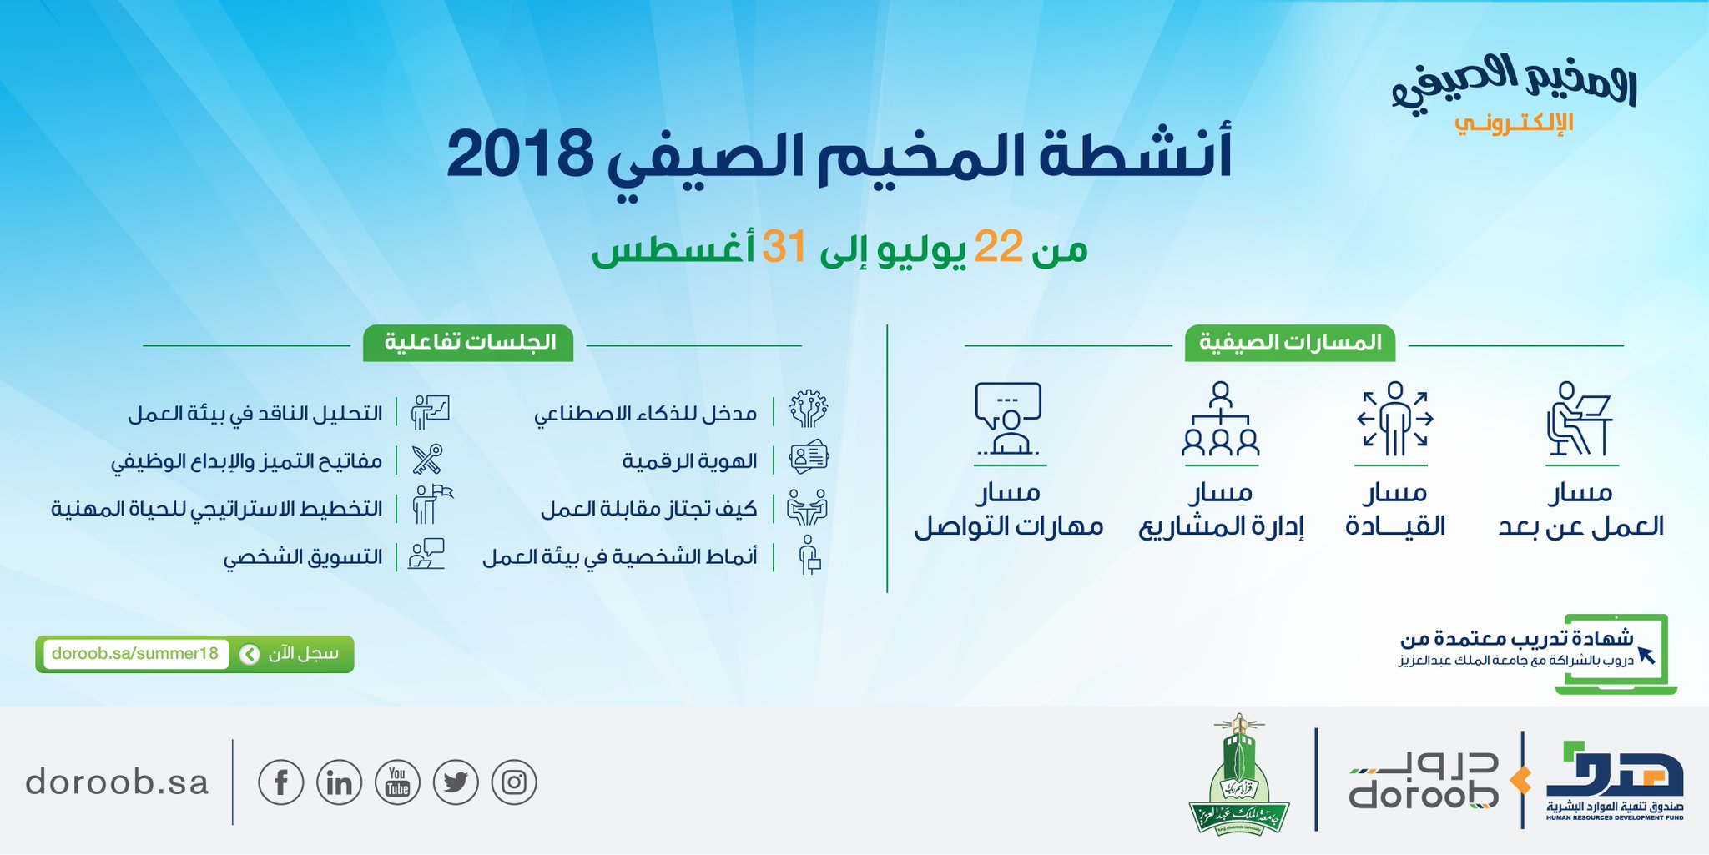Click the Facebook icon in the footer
[281, 782]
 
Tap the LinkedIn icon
[340, 782]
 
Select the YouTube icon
[398, 782]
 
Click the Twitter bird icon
[456, 782]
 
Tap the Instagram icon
[514, 782]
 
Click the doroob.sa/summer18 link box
[135, 654]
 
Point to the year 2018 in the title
[520, 155]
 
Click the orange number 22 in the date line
[998, 247]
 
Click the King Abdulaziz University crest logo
[1239, 774]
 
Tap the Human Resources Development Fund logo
[1615, 781]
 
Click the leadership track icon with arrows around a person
[1394, 418]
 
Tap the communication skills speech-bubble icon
[1008, 418]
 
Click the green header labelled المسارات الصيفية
[1290, 343]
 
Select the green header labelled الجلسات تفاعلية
[468, 343]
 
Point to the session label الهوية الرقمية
[689, 460]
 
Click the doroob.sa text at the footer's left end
[117, 782]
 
